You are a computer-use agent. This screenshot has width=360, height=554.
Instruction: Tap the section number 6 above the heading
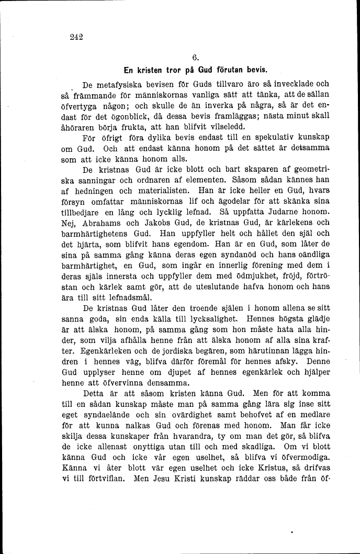[x=194, y=58]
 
